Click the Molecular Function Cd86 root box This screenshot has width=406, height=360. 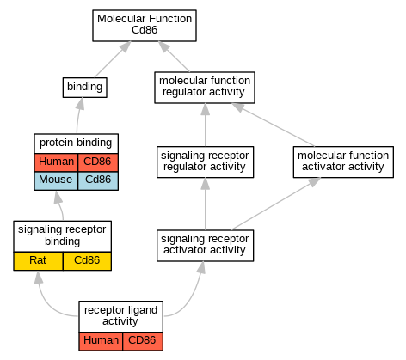click(x=145, y=26)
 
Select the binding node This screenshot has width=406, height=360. click(x=85, y=88)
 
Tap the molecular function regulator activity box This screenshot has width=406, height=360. click(x=205, y=88)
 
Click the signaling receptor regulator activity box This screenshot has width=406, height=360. click(x=205, y=162)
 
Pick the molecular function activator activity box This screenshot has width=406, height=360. click(x=343, y=162)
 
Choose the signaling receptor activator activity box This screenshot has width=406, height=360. click(x=205, y=246)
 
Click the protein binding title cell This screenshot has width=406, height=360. click(x=76, y=143)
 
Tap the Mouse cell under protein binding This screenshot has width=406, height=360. click(x=56, y=180)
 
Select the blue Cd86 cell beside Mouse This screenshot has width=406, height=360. click(x=98, y=180)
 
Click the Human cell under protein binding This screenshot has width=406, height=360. click(x=56, y=162)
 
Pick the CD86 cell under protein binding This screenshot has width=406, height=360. click(x=98, y=162)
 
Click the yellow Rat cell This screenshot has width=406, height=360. click(x=38, y=261)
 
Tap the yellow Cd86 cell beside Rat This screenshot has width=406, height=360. click(x=87, y=261)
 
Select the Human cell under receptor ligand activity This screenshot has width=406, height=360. click(x=101, y=341)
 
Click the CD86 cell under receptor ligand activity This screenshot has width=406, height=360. click(x=143, y=341)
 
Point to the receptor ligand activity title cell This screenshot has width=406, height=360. click(x=120, y=316)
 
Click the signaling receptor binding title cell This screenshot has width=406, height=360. click(x=62, y=236)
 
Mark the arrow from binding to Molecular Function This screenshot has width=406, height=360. click(x=113, y=59)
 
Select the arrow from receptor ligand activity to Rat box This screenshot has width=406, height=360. click(x=49, y=303)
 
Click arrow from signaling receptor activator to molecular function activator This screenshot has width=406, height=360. click(x=276, y=204)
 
